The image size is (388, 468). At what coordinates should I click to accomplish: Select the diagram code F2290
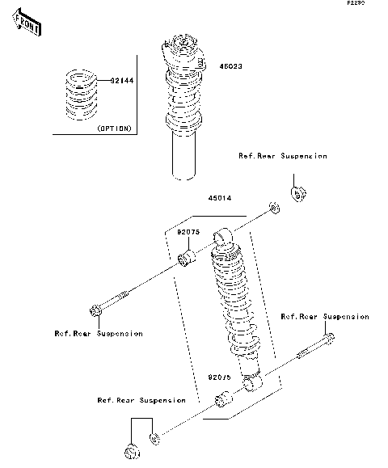tap(356, 4)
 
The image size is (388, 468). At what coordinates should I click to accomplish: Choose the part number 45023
tap(230, 67)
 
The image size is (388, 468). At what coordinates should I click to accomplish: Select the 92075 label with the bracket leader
tap(188, 231)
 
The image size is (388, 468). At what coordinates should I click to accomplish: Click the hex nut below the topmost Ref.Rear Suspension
tap(297, 195)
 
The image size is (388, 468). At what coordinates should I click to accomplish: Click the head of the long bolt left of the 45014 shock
tap(95, 310)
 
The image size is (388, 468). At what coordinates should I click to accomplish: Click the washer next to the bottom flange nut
tap(155, 441)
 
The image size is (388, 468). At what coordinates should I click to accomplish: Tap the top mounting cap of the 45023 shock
tap(183, 47)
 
